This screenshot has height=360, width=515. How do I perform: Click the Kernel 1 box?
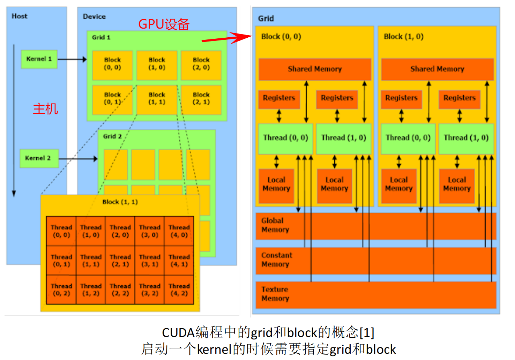tap(39, 59)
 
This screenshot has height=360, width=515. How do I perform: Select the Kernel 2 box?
tap(39, 158)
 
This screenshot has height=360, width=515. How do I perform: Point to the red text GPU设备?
tap(164, 24)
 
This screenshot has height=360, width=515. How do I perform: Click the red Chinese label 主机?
tap(45, 109)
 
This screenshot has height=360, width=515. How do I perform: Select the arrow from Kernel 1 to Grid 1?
tap(72, 59)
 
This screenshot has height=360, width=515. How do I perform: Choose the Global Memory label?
tap(275, 225)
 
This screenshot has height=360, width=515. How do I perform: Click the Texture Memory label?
tap(275, 294)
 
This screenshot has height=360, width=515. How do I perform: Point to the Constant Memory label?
tap(277, 260)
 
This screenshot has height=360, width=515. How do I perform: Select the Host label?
tap(19, 16)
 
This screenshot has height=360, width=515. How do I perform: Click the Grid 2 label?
tap(112, 136)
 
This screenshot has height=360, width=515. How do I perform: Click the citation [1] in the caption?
tap(367, 333)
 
